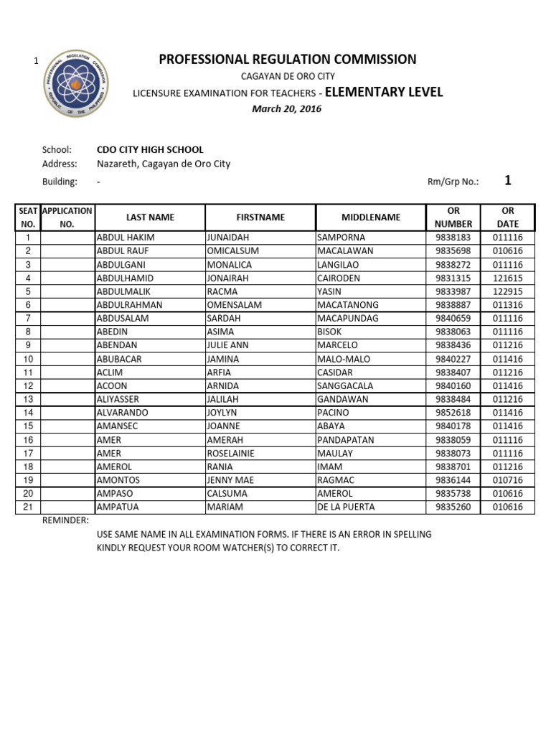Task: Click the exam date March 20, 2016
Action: coord(286,109)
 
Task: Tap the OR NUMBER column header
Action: coord(453,217)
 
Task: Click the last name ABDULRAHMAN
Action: coord(129,305)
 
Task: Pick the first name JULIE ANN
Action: coord(227,345)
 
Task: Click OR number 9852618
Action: coord(453,413)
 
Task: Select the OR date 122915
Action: coord(508,291)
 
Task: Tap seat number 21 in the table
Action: coord(28,507)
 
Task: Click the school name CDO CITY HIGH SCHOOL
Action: coord(150,150)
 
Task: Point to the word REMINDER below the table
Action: coord(66,520)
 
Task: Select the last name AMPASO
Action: coord(116,493)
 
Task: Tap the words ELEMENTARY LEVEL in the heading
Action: coord(384,92)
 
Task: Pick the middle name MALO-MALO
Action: coord(343,359)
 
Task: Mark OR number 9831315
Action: coord(453,278)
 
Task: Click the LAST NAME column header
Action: coord(150,217)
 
